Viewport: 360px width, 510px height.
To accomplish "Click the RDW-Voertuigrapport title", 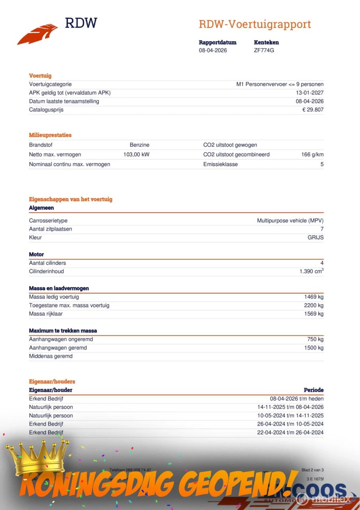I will click(254, 24).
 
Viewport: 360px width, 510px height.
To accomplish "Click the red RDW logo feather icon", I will click(37, 34).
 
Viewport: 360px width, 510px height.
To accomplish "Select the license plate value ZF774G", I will click(264, 50).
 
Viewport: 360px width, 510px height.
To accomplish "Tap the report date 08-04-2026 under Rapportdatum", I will click(213, 50).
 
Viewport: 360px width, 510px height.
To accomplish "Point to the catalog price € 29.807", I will click(313, 110).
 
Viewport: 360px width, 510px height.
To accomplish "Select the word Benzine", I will click(139, 145).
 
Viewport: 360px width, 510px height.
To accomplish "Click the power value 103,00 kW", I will click(136, 155).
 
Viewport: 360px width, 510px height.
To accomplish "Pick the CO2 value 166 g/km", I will click(312, 155).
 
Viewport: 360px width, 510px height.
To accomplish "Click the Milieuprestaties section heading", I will click(50, 135).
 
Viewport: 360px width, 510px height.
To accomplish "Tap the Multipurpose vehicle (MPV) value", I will click(290, 221).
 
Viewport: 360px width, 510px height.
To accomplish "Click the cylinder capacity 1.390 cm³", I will click(311, 271).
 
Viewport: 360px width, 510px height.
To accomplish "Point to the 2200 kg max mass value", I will click(313, 305).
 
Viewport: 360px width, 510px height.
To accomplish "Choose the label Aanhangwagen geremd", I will click(58, 348).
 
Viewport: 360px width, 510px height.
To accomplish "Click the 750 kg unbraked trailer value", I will click(315, 339).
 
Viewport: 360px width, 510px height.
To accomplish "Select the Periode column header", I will click(313, 390).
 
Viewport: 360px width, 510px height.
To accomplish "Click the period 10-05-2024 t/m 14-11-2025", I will click(290, 416).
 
